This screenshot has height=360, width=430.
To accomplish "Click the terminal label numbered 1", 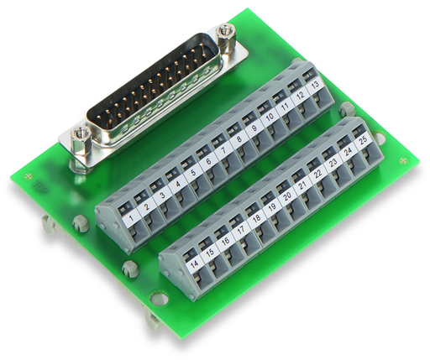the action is pyautogui.click(x=131, y=217).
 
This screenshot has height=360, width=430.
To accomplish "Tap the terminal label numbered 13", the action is pyautogui.click(x=315, y=85).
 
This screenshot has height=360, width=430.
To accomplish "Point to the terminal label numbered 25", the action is pyautogui.click(x=364, y=141).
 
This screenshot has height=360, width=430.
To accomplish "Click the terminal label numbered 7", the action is pyautogui.click(x=223, y=151).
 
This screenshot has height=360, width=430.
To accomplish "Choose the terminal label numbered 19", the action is pyautogui.click(x=272, y=206).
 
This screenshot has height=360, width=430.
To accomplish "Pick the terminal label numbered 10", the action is pyautogui.click(x=270, y=117).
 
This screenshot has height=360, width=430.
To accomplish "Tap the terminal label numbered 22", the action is pyautogui.click(x=318, y=174).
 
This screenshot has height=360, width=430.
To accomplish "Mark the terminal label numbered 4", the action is pyautogui.click(x=178, y=184).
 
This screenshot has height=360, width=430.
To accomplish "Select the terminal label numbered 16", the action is pyautogui.click(x=225, y=241).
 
